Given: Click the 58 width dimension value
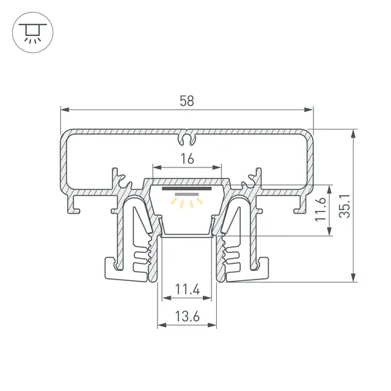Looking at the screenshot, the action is pos(187,101).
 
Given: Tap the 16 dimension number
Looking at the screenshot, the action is pos(187,159).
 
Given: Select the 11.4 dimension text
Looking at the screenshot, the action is pos(187,290).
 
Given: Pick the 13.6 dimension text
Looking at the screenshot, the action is pos(187,316).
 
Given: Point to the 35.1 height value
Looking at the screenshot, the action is pos(345,206).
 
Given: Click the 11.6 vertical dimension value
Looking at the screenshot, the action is pos(321,209).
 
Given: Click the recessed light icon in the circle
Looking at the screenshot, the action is pos(33,33).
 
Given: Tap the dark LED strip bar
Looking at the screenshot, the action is pos(187,189).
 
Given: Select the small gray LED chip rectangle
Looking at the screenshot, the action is pos(187,194).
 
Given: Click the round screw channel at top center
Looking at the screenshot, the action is pos(187,139).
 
